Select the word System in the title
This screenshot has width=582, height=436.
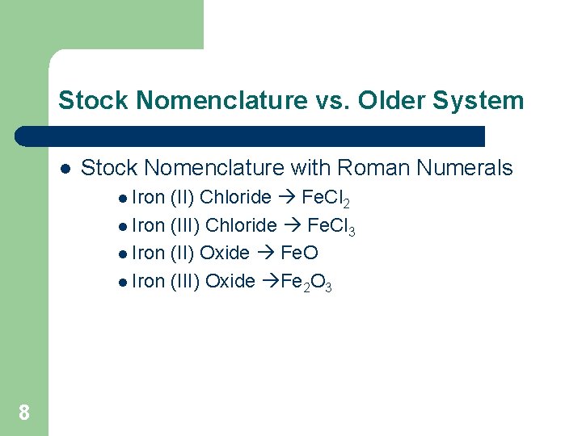[483, 101]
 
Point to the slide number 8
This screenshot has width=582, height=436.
[24, 413]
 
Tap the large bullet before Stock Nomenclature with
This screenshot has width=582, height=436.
[65, 169]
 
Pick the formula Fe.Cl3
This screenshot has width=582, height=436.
[331, 226]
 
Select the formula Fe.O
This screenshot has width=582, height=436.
[299, 253]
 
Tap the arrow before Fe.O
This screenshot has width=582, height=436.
[264, 253]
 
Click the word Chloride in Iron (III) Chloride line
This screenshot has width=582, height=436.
[241, 225]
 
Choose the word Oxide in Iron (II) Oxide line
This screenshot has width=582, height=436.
[224, 253]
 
